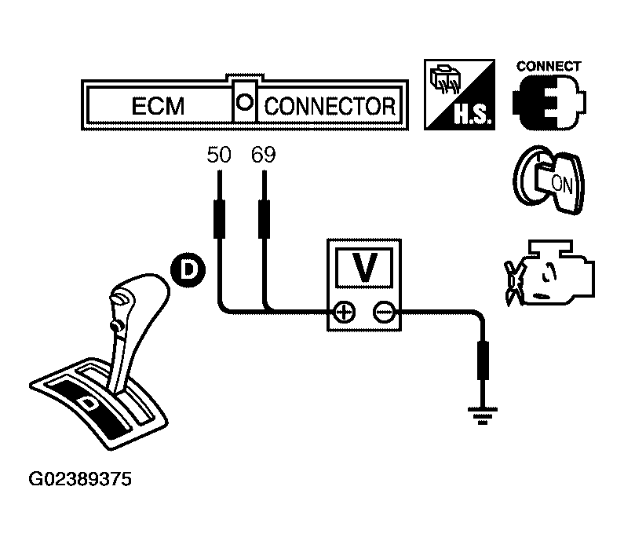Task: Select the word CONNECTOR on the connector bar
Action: (330, 106)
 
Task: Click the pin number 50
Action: (219, 155)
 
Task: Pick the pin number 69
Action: (264, 155)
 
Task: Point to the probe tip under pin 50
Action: (219, 218)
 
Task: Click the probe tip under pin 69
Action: (264, 218)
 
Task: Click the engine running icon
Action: (549, 272)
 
